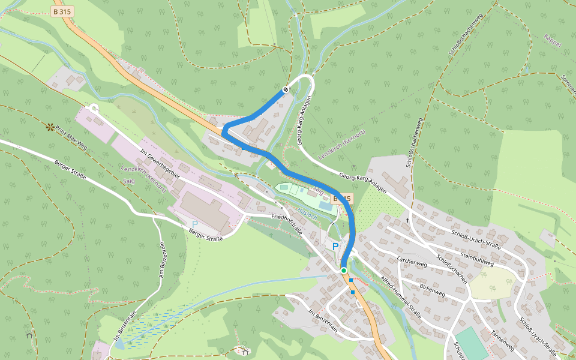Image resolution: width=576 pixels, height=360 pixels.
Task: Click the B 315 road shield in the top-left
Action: click(x=62, y=11)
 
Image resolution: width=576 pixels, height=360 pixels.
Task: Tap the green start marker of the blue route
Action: click(x=344, y=271)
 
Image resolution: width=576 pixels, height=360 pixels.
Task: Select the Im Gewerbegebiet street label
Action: click(x=160, y=163)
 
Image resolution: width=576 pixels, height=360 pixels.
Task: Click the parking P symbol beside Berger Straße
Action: click(x=195, y=224)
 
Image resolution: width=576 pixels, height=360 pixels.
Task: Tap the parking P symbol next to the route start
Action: click(x=335, y=247)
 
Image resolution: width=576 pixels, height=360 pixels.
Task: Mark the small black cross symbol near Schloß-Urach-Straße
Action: click(x=407, y=220)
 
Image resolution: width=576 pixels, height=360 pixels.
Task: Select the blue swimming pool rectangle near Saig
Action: click(x=324, y=206)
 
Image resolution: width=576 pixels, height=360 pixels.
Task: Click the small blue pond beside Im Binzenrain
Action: click(x=119, y=344)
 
